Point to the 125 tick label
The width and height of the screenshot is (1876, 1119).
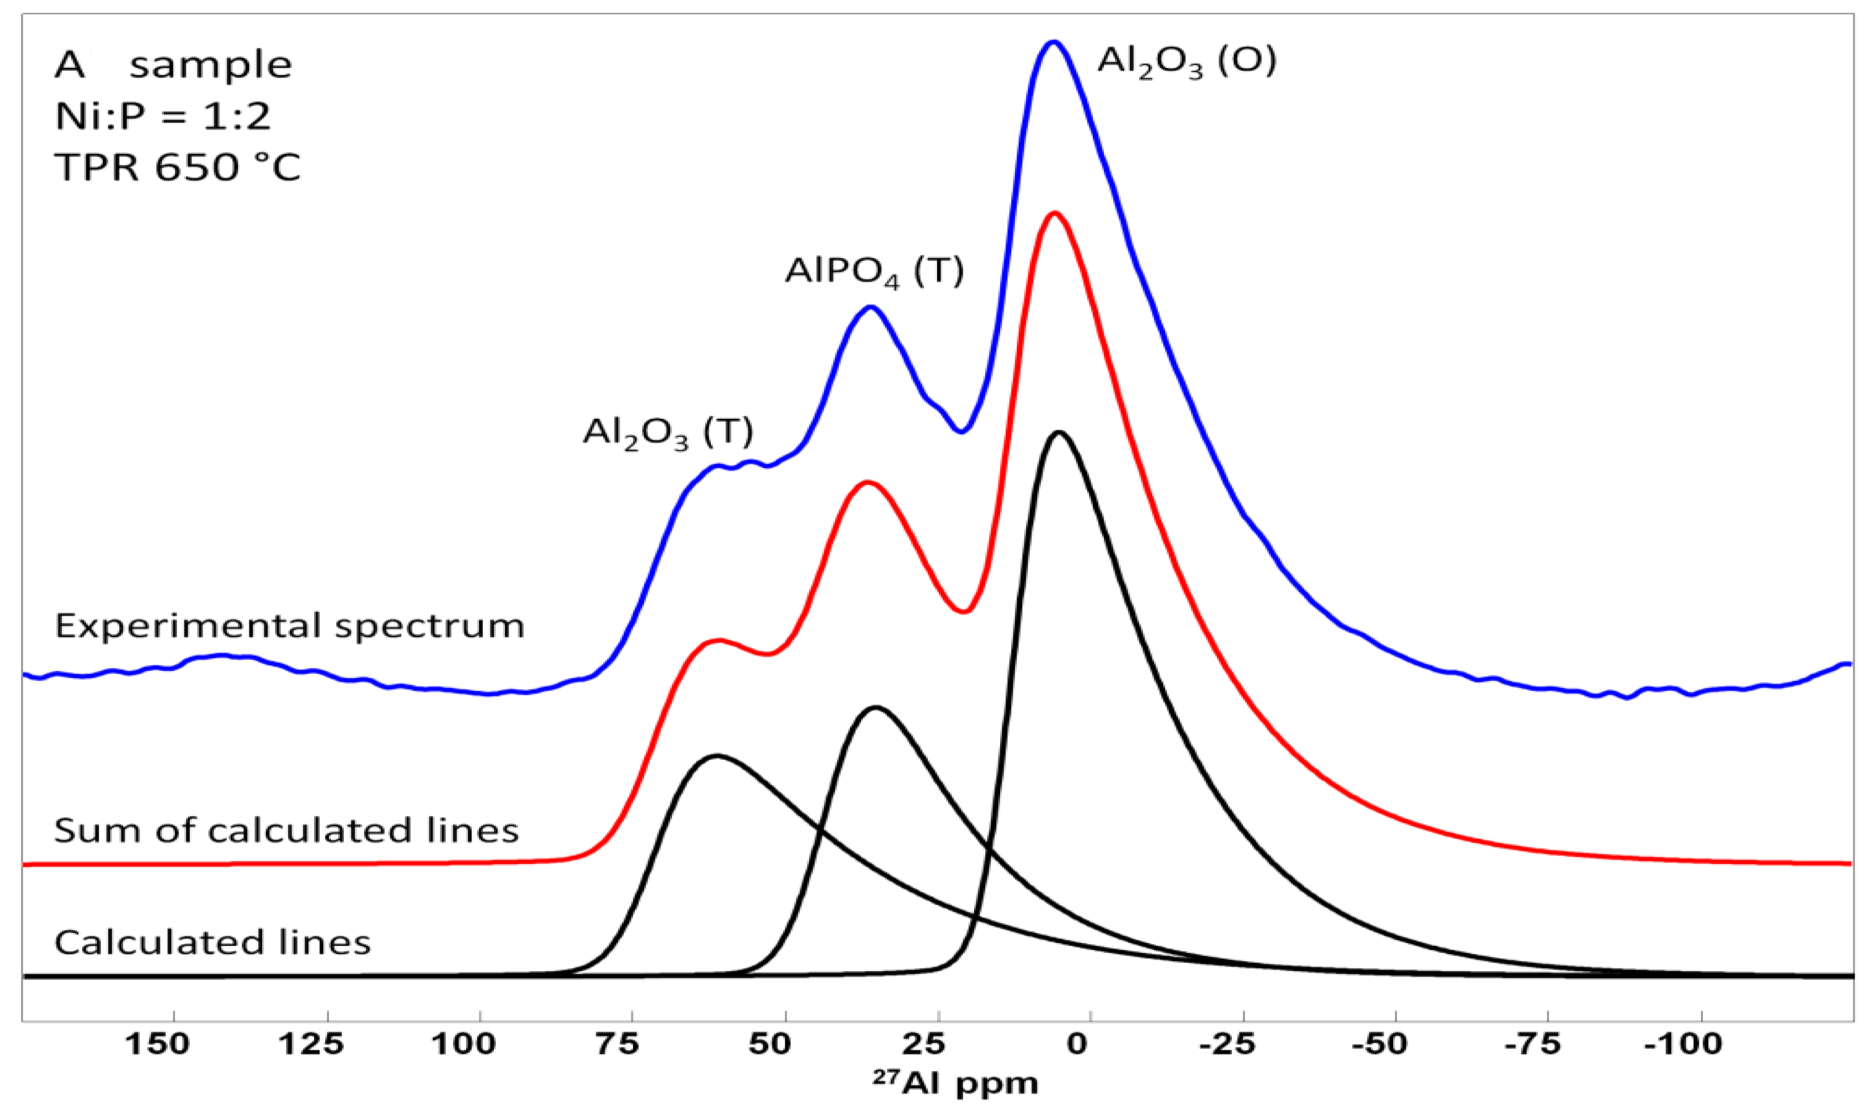311,1045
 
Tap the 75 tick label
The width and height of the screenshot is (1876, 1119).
618,1045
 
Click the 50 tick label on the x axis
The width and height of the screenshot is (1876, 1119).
770,1045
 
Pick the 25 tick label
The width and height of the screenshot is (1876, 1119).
924,1045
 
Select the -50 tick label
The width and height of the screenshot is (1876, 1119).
1380,1045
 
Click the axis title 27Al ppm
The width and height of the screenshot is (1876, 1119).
955,1084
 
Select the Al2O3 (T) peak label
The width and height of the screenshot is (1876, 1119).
668,432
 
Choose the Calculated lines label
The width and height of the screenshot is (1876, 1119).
212,942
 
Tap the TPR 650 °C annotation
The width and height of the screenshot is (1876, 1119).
178,167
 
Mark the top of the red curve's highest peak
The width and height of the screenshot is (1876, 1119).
1054,214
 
